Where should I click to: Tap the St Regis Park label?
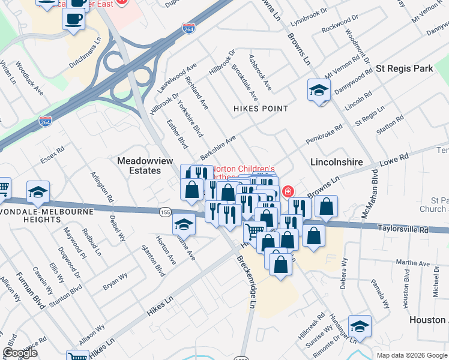pos(405,69)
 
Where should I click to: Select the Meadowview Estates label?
pos(139,166)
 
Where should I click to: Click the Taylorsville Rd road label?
pos(404,229)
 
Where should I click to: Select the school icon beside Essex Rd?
pos(38,191)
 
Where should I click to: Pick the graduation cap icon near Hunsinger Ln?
pos(359,326)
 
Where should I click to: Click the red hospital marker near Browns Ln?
pos(288,191)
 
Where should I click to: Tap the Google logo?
pos(20,353)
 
